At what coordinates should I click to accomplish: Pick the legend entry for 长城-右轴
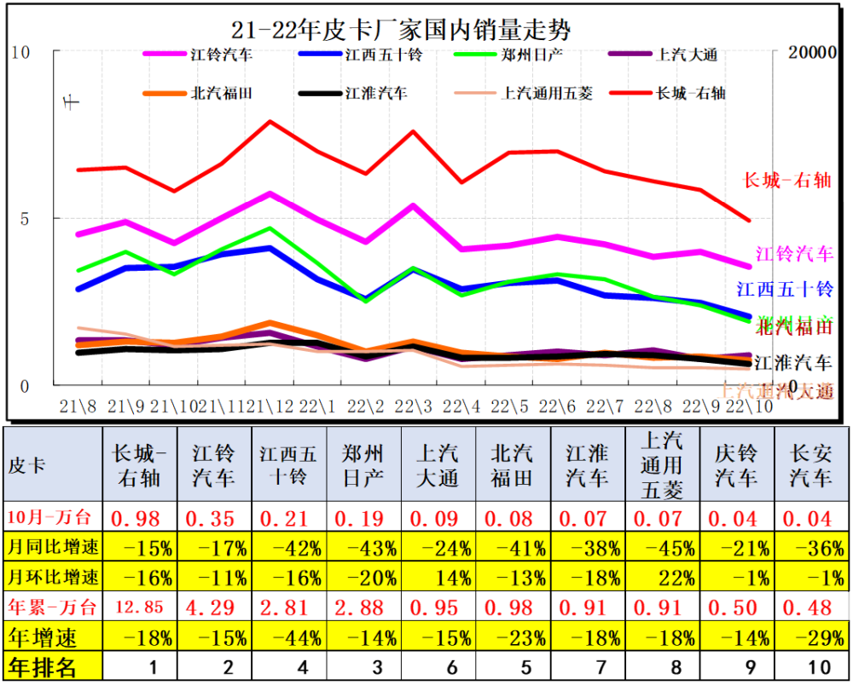(691, 93)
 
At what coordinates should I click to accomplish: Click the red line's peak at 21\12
(270, 121)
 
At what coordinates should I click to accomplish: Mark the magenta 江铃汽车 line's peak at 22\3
(413, 205)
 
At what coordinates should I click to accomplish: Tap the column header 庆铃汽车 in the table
(737, 465)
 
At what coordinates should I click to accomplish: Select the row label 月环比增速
(53, 577)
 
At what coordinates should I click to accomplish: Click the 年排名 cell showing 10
(812, 667)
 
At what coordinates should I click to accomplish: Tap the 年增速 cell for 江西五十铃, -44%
(289, 637)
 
